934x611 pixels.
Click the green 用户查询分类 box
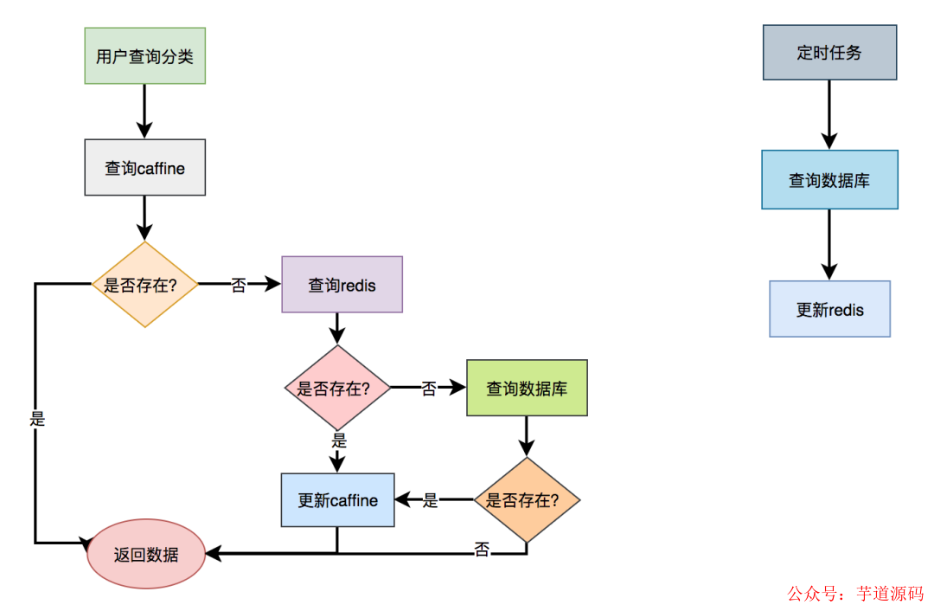pyautogui.click(x=144, y=55)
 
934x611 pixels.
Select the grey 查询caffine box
pyautogui.click(x=144, y=167)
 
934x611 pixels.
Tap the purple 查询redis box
pyautogui.click(x=342, y=284)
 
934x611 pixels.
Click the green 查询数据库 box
pyautogui.click(x=527, y=388)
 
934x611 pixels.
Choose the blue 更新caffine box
pyautogui.click(x=337, y=499)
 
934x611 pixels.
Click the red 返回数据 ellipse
pyautogui.click(x=145, y=554)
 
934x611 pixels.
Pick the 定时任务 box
pyautogui.click(x=829, y=52)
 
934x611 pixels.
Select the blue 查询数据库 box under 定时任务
pyautogui.click(x=829, y=179)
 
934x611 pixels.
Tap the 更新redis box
pyautogui.click(x=829, y=309)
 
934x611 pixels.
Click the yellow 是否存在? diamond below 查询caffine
pyautogui.click(x=144, y=284)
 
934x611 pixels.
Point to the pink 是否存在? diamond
pyautogui.click(x=337, y=388)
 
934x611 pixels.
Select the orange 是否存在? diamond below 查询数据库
pyautogui.click(x=527, y=499)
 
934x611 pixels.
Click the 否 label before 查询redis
pyautogui.click(x=239, y=285)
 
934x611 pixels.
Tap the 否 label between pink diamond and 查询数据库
pyautogui.click(x=428, y=389)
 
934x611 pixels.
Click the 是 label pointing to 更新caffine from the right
pyautogui.click(x=431, y=500)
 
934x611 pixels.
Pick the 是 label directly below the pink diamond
pyautogui.click(x=338, y=441)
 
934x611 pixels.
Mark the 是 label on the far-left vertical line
pyautogui.click(x=36, y=419)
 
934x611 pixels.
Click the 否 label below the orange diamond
pyautogui.click(x=482, y=549)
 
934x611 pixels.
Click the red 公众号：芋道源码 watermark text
pyautogui.click(x=854, y=594)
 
